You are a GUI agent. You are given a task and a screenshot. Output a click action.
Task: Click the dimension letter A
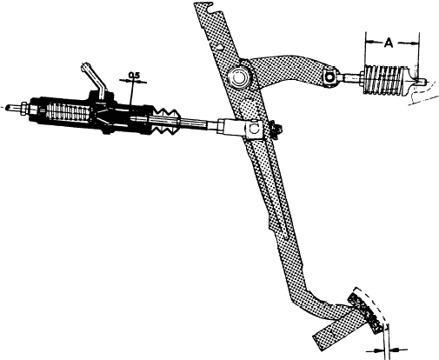click(389, 43)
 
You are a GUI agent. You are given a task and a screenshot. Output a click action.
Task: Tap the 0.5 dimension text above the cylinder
click(134, 75)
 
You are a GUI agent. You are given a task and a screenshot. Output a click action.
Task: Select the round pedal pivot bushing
click(238, 77)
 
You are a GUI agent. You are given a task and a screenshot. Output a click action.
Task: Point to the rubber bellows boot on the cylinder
click(165, 122)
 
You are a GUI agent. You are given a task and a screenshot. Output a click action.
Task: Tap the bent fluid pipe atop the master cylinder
click(93, 77)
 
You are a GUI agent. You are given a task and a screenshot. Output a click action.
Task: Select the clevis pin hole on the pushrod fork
click(254, 129)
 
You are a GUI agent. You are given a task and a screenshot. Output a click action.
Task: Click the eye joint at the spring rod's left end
click(329, 77)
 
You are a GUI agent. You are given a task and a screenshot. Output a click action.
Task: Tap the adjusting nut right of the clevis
click(275, 130)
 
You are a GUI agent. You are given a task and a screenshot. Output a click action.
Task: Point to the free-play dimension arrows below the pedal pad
click(387, 350)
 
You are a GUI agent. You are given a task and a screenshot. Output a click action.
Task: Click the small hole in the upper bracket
click(221, 46)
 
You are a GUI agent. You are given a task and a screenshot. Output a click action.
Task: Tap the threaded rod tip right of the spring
click(421, 82)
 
